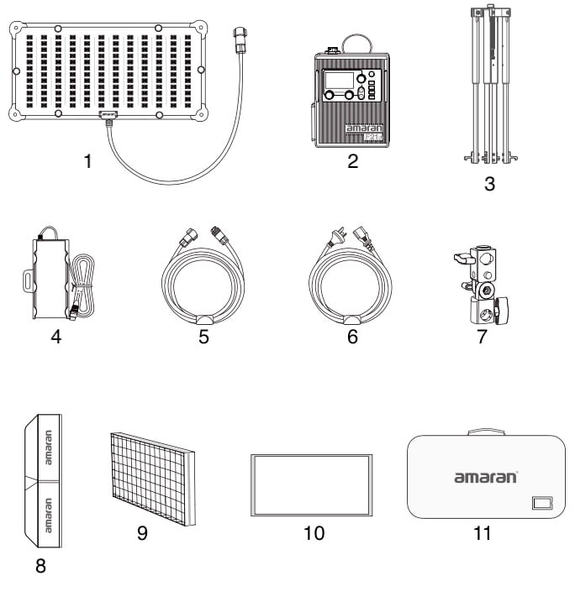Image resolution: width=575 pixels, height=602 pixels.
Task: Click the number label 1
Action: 87,161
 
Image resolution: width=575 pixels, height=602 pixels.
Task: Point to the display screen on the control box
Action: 338,81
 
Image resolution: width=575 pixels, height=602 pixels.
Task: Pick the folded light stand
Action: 488,84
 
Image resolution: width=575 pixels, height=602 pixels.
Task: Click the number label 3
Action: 488,185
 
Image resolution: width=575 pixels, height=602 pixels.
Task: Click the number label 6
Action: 352,338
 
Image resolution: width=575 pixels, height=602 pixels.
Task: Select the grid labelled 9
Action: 153,477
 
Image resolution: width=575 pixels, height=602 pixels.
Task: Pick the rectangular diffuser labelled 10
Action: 312,485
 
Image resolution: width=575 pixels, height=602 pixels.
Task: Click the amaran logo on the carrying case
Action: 486,477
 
